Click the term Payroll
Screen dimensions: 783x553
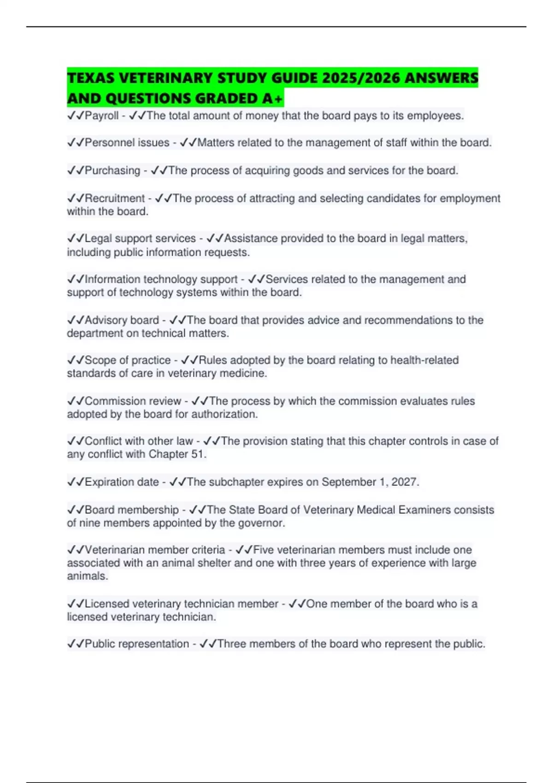(101, 116)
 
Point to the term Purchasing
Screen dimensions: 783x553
(112, 170)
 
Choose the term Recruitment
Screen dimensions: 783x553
(114, 198)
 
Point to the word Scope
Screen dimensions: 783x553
(99, 360)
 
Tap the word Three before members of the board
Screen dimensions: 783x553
(232, 644)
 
